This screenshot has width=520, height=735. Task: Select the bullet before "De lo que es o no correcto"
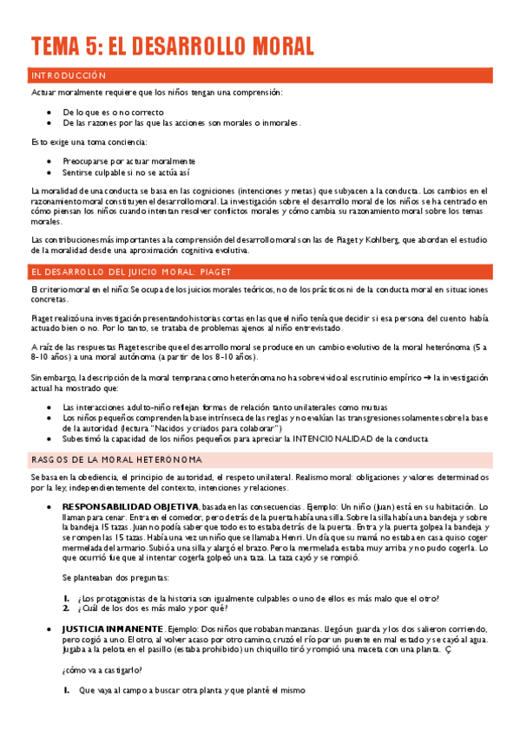pyautogui.click(x=49, y=113)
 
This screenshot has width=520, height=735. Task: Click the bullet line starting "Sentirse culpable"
pyautogui.click(x=127, y=173)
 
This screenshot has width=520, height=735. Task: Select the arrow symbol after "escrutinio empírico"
pyautogui.click(x=427, y=354)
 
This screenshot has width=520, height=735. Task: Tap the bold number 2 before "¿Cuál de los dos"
pyautogui.click(x=67, y=607)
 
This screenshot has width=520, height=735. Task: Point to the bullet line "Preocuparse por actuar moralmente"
pyautogui.click(x=129, y=161)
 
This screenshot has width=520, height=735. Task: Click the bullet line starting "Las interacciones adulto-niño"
pyautogui.click(x=225, y=382)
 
